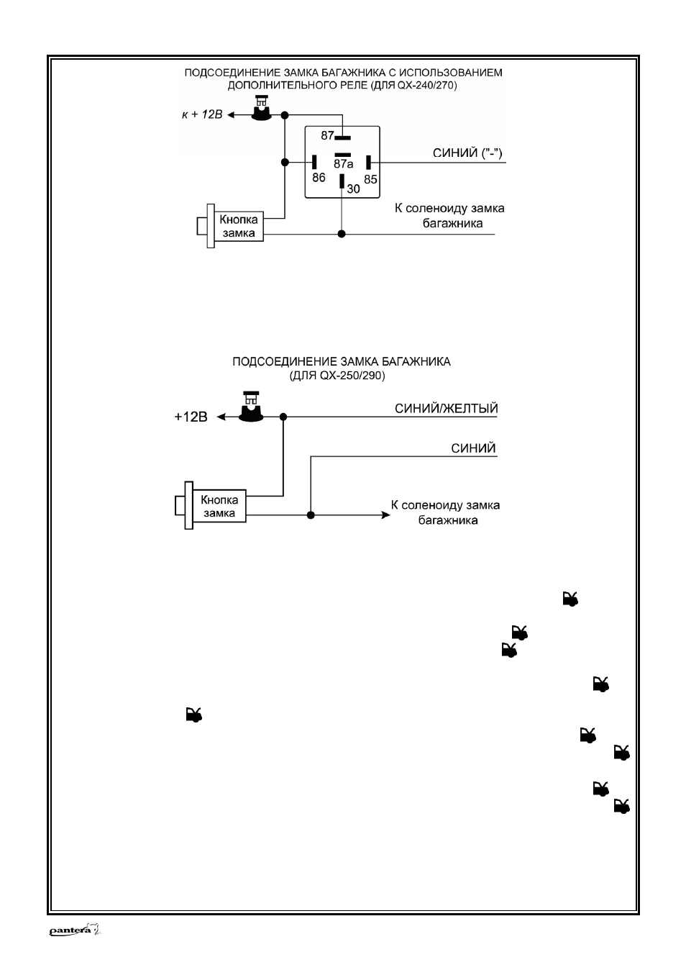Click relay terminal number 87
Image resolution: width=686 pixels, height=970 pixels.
327,135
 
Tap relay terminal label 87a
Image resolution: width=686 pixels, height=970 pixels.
343,163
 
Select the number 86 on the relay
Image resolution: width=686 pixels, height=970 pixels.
319,178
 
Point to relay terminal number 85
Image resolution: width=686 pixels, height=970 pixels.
370,179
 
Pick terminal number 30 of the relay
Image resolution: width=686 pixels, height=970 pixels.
353,189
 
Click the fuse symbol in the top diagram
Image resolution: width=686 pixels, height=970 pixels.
261,108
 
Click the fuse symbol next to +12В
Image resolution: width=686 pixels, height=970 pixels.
251,407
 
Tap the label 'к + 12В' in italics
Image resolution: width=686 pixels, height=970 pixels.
201,114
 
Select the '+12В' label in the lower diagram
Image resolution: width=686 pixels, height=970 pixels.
191,417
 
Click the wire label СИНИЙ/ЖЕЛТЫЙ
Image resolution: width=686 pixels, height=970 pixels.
447,409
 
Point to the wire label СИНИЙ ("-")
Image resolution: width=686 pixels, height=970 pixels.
467,153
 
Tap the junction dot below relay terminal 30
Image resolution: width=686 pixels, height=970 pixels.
342,234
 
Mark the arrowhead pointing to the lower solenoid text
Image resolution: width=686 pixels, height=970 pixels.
385,515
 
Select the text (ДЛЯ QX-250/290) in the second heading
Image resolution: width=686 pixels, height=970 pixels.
337,375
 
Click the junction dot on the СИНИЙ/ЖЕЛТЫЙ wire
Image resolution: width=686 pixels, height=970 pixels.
283,417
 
